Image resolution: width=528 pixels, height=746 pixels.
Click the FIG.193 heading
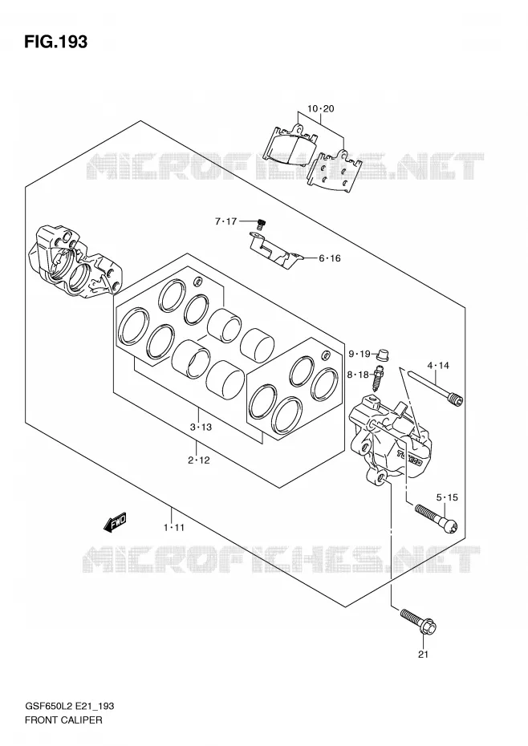pos(56,42)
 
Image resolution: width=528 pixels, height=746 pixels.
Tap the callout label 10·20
pos(320,108)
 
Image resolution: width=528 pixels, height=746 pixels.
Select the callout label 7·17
pos(225,221)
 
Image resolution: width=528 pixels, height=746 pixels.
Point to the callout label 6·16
pos(330,258)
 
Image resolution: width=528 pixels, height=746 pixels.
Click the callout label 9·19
pos(359,354)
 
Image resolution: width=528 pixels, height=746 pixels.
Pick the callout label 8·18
pos(358,375)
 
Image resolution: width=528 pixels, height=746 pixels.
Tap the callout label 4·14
pos(438,366)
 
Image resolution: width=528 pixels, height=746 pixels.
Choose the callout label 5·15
pos(447,497)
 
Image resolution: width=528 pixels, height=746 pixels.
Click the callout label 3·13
pos(201,428)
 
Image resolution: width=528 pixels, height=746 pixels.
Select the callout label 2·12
pos(198,460)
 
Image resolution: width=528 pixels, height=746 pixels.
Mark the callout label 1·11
pos(173,527)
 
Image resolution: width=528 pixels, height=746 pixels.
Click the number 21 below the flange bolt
pos(423,655)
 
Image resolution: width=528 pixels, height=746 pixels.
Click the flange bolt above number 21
pos(419,622)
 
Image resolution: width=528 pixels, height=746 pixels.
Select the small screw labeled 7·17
pos(261,223)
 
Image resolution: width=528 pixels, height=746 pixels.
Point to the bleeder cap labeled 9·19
pos(382,355)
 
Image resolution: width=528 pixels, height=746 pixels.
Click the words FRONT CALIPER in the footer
pos(63,720)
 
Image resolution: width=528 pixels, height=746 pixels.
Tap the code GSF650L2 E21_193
pos(69,707)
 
